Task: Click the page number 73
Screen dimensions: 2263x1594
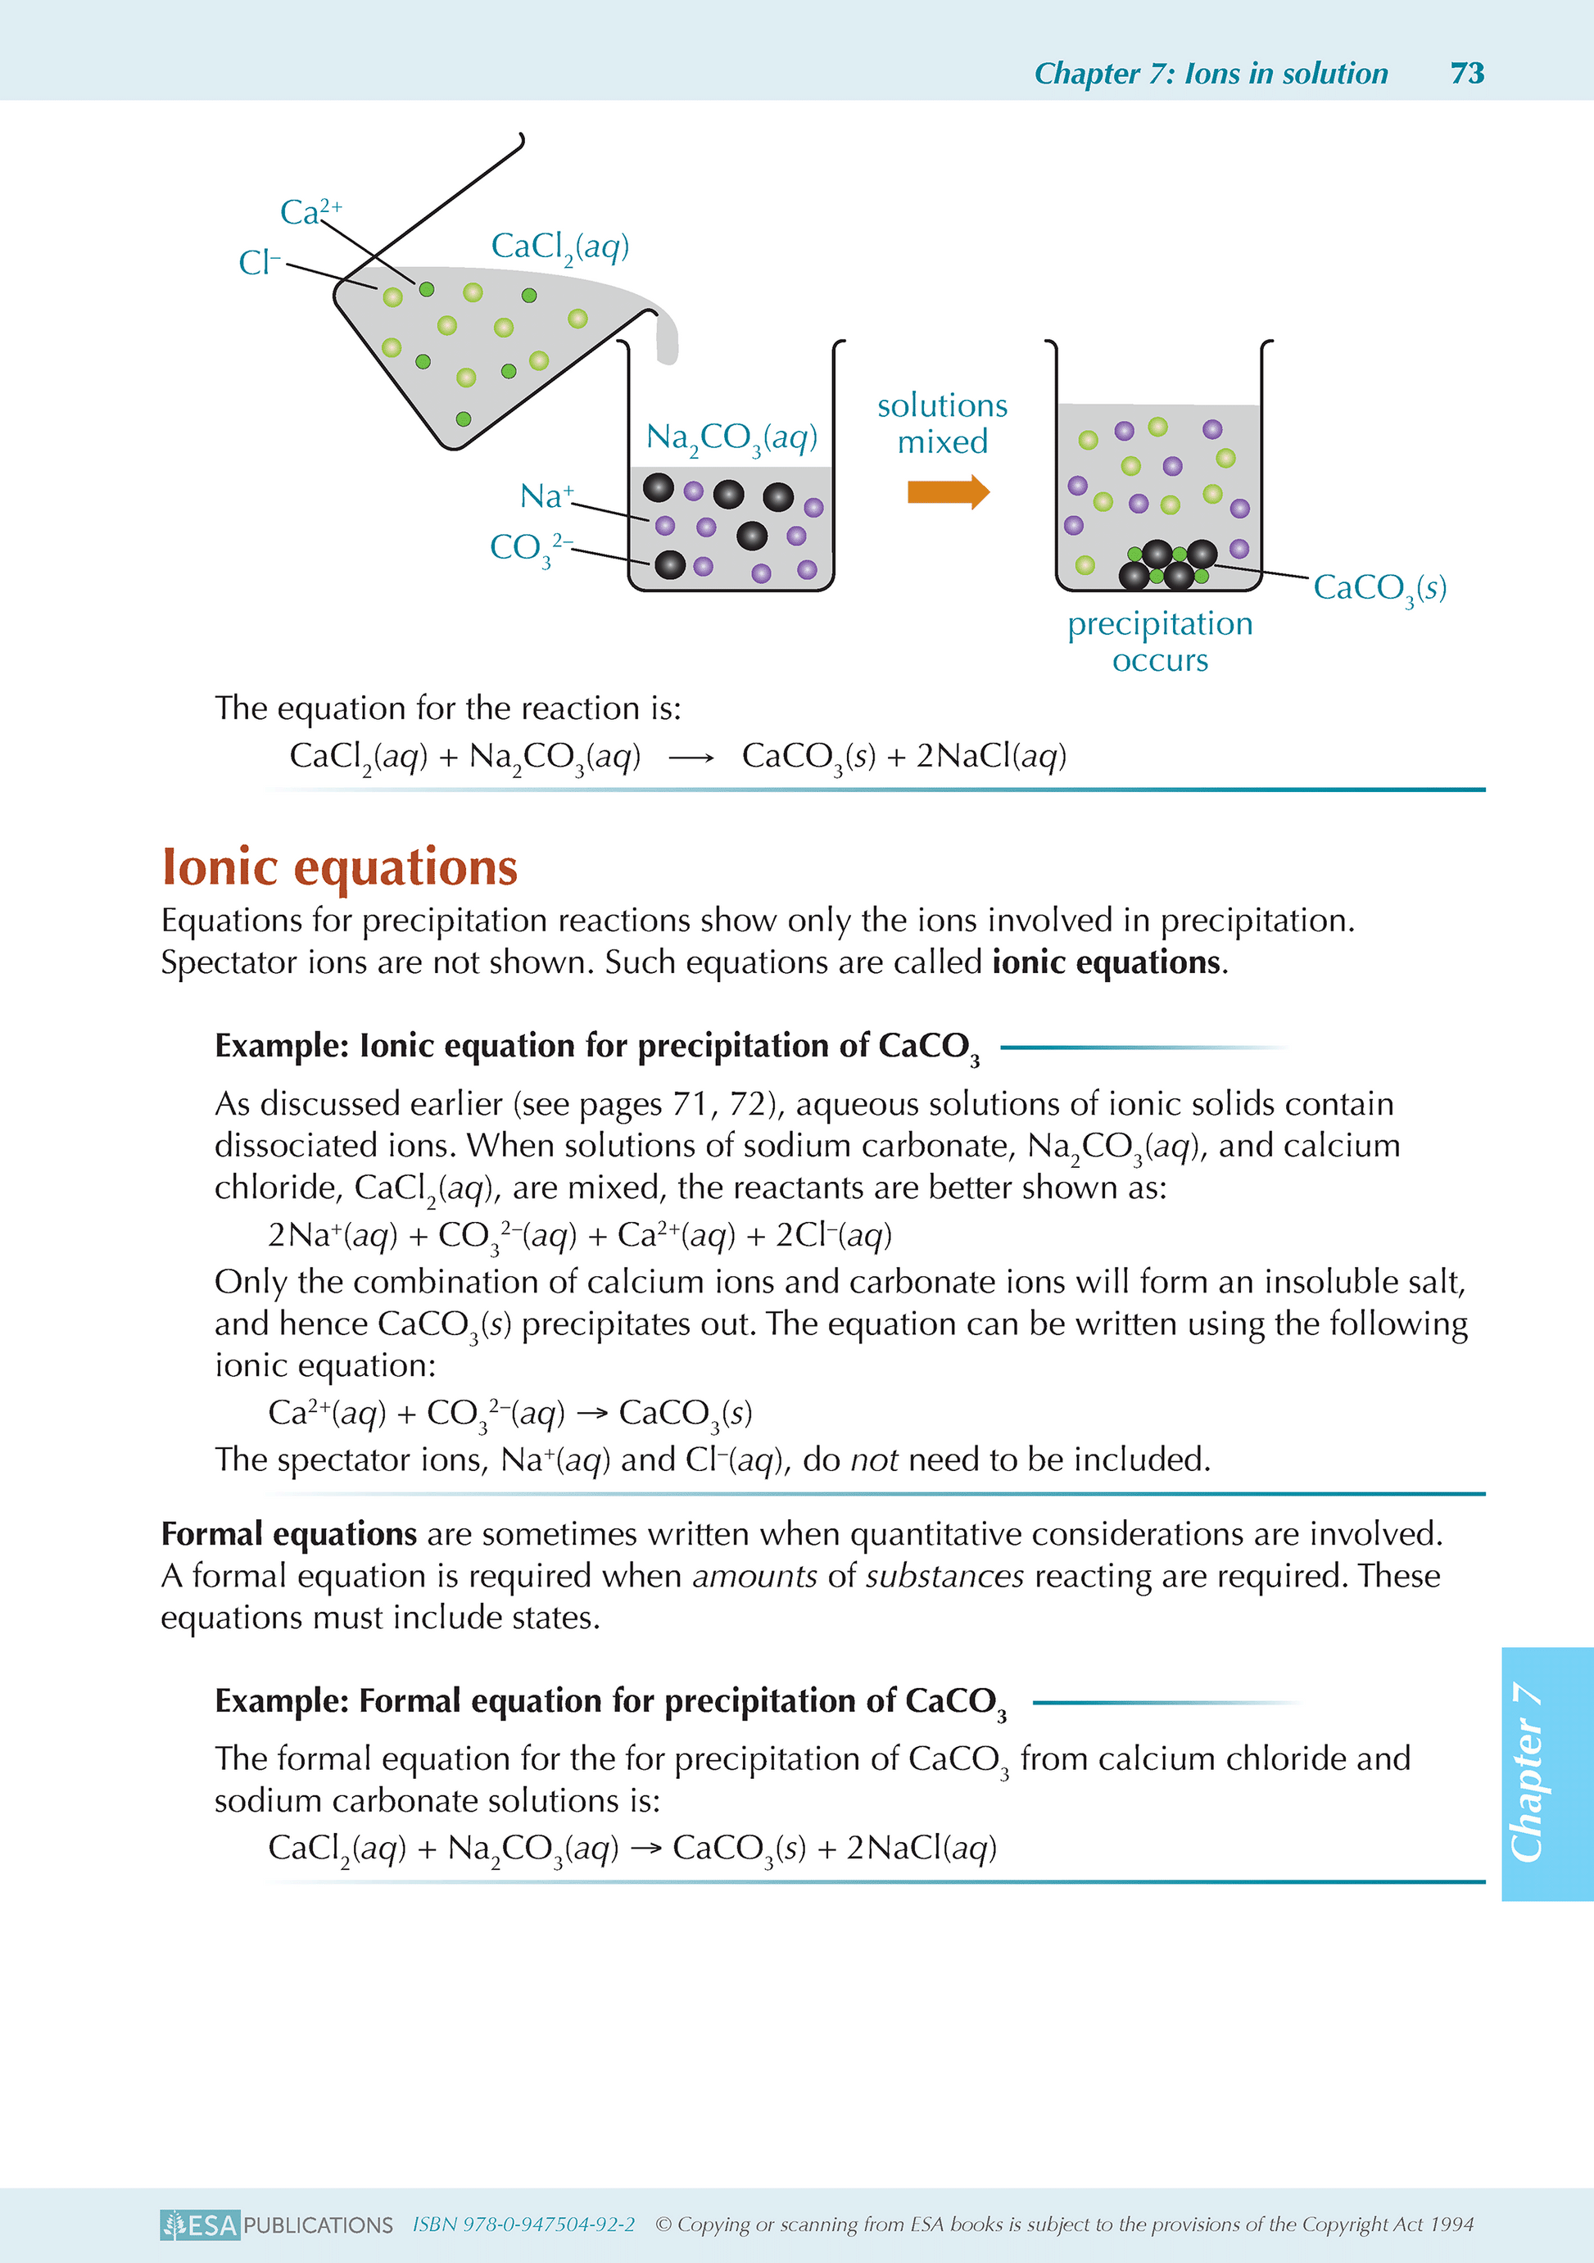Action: click(x=1467, y=73)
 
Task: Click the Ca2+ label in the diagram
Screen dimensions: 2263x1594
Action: click(x=310, y=211)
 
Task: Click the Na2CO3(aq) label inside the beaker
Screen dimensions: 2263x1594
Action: click(x=731, y=437)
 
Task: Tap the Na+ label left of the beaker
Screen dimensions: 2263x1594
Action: click(x=546, y=495)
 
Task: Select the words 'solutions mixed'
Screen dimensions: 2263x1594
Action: click(x=943, y=423)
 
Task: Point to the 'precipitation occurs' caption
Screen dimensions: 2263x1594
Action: click(x=1160, y=640)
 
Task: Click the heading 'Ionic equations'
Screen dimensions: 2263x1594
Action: click(x=340, y=867)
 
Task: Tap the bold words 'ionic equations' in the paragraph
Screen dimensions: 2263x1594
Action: click(x=1106, y=962)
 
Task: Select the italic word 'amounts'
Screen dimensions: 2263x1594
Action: click(x=754, y=1576)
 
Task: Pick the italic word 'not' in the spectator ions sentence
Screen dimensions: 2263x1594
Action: click(x=873, y=1459)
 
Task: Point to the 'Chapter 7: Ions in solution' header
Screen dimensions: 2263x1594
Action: click(x=1211, y=73)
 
